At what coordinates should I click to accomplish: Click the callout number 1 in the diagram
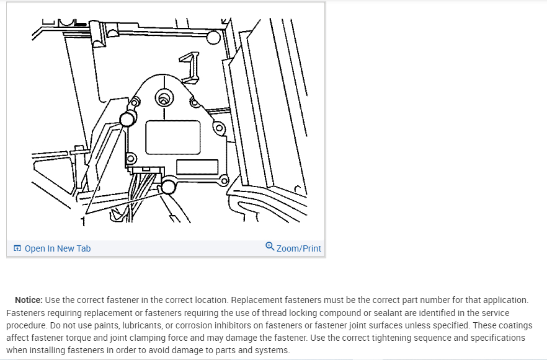(x=82, y=221)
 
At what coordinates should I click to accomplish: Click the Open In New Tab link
(x=57, y=248)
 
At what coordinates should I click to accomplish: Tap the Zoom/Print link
(x=298, y=248)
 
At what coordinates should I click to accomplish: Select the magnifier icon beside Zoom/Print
(x=269, y=247)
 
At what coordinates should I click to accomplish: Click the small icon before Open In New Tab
(x=17, y=248)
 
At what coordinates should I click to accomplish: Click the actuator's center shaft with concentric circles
(x=164, y=98)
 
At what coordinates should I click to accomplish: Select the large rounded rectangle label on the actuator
(x=173, y=137)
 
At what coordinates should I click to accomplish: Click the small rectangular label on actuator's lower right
(x=197, y=167)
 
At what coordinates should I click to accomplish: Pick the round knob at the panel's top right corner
(x=213, y=38)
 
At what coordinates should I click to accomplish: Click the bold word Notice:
(x=29, y=301)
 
